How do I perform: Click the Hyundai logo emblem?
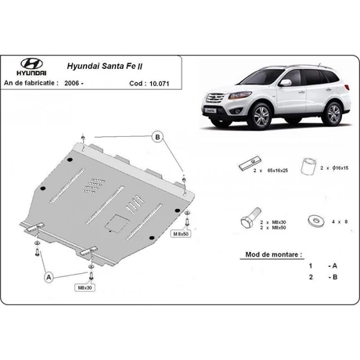point(31,63)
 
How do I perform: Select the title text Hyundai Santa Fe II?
point(105,66)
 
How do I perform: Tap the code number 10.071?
point(160,84)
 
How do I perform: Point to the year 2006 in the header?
point(72,83)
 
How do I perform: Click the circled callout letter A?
point(49,277)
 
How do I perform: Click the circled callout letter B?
point(157,137)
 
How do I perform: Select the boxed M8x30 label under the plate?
point(85,288)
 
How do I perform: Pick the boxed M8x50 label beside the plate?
point(181,234)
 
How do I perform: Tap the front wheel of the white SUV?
point(261,116)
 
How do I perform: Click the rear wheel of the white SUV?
point(333,114)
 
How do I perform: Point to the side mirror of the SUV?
point(285,83)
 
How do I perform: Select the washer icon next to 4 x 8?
point(316,221)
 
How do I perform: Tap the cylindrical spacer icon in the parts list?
point(308,166)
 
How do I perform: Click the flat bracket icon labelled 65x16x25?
point(250,164)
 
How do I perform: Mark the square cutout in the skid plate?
point(117,224)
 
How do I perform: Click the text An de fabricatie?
point(31,83)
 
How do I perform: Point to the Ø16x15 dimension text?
point(340,168)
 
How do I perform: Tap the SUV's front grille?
point(215,99)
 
